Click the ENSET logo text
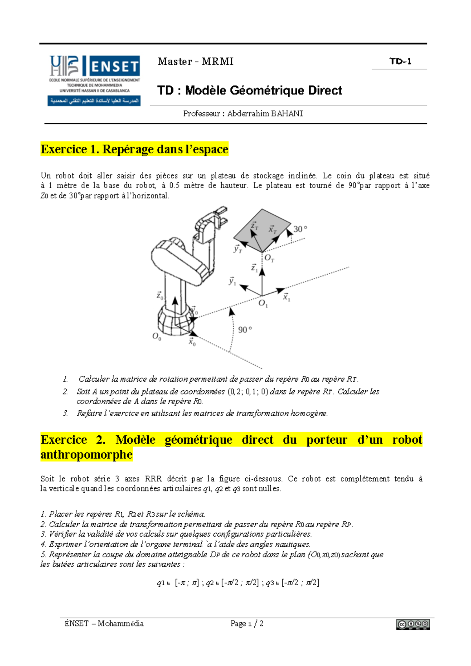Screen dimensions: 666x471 [x=114, y=66]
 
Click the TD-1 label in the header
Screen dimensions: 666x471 [x=400, y=61]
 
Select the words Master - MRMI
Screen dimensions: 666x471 [x=195, y=62]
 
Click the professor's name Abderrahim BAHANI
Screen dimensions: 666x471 [x=265, y=114]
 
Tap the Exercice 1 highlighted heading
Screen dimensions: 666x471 [x=134, y=149]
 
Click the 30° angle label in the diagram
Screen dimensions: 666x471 [x=300, y=229]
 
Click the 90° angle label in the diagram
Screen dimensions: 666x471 [x=245, y=330]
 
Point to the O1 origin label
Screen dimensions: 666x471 [x=263, y=304]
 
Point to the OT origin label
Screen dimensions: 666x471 [x=269, y=258]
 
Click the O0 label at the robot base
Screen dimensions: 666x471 [x=157, y=337]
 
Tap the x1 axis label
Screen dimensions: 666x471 [x=287, y=298]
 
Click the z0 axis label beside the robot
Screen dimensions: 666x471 [x=160, y=296]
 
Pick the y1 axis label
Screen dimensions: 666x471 [x=232, y=281]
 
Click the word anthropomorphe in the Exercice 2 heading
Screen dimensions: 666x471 [x=86, y=455]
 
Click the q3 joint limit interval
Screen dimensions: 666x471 [x=300, y=583]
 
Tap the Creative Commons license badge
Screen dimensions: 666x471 [x=413, y=624]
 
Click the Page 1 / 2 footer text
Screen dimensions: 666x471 [x=246, y=624]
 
